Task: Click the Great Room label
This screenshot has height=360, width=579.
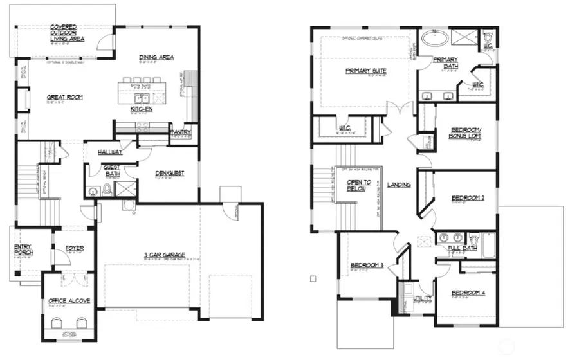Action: [65, 98]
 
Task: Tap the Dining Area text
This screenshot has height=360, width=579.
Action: [156, 58]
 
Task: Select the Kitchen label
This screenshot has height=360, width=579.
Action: [141, 109]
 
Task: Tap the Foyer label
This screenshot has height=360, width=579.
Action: [74, 248]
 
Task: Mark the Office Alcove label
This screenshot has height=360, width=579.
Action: [69, 300]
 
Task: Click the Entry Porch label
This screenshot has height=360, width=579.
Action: [23, 249]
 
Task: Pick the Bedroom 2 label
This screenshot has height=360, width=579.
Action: [467, 198]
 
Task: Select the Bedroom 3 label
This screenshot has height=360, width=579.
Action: [367, 265]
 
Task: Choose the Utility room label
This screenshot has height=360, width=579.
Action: [423, 298]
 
